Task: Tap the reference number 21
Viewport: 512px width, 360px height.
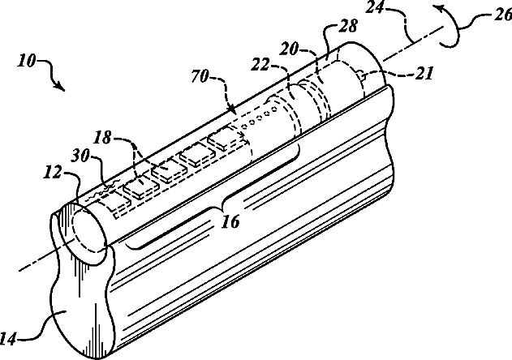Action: [x=423, y=72]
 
